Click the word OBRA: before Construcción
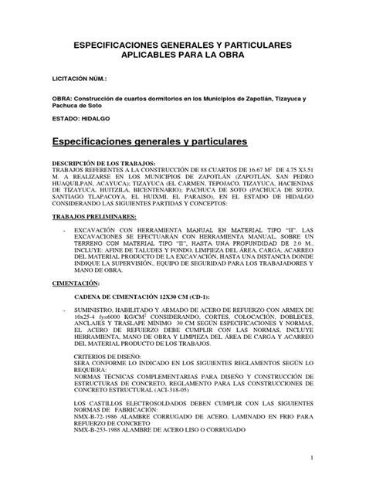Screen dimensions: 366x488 pyautogui.click(x=63, y=100)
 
